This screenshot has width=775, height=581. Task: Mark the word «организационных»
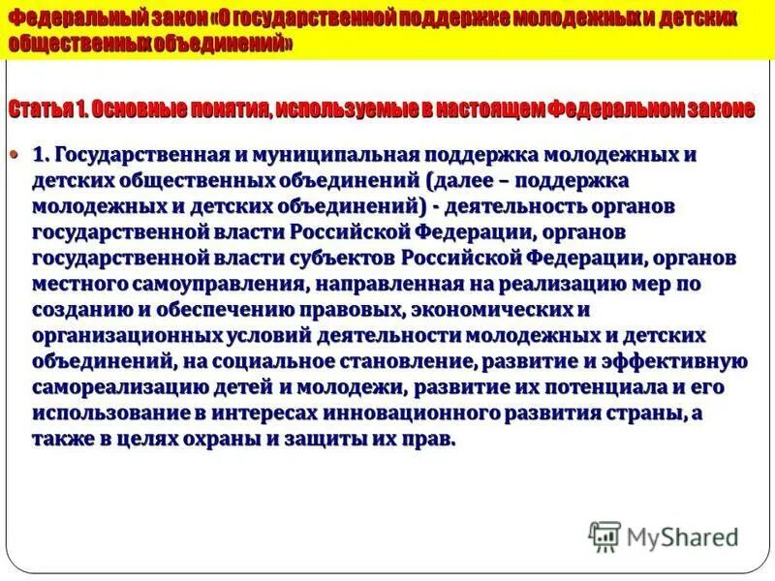129,335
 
